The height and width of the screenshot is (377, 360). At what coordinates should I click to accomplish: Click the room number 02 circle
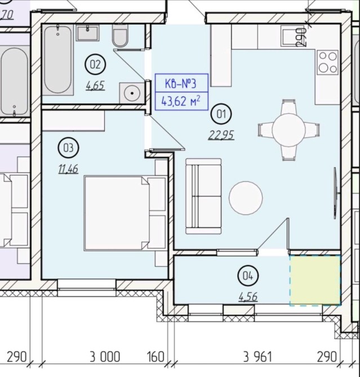(x=95, y=64)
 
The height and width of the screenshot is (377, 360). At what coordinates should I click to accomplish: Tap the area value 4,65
(x=95, y=86)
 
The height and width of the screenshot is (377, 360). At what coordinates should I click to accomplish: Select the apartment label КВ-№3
(x=181, y=83)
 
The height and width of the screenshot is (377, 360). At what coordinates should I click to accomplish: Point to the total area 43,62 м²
(x=181, y=101)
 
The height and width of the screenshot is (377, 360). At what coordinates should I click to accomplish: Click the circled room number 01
(x=221, y=114)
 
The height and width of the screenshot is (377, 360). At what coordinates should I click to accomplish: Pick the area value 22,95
(x=221, y=135)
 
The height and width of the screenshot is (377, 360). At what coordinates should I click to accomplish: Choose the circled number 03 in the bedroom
(x=68, y=147)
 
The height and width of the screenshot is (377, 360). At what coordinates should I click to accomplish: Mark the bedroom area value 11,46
(x=68, y=169)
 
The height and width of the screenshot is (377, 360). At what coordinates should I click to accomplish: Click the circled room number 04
(x=248, y=276)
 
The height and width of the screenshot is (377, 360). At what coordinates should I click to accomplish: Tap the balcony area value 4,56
(x=248, y=297)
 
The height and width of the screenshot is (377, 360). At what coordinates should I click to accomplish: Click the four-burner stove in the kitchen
(x=328, y=62)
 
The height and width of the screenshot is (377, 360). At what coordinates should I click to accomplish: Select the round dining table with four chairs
(x=288, y=130)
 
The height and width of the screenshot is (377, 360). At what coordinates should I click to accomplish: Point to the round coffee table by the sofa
(x=246, y=198)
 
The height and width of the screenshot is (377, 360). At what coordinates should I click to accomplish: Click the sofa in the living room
(x=203, y=196)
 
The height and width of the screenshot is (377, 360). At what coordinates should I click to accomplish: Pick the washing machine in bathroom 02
(x=132, y=93)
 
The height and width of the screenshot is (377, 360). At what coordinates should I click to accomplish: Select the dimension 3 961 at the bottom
(x=257, y=357)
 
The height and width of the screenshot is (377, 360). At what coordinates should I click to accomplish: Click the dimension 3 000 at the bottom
(x=105, y=357)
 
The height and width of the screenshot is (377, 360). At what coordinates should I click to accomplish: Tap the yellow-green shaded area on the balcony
(x=315, y=281)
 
